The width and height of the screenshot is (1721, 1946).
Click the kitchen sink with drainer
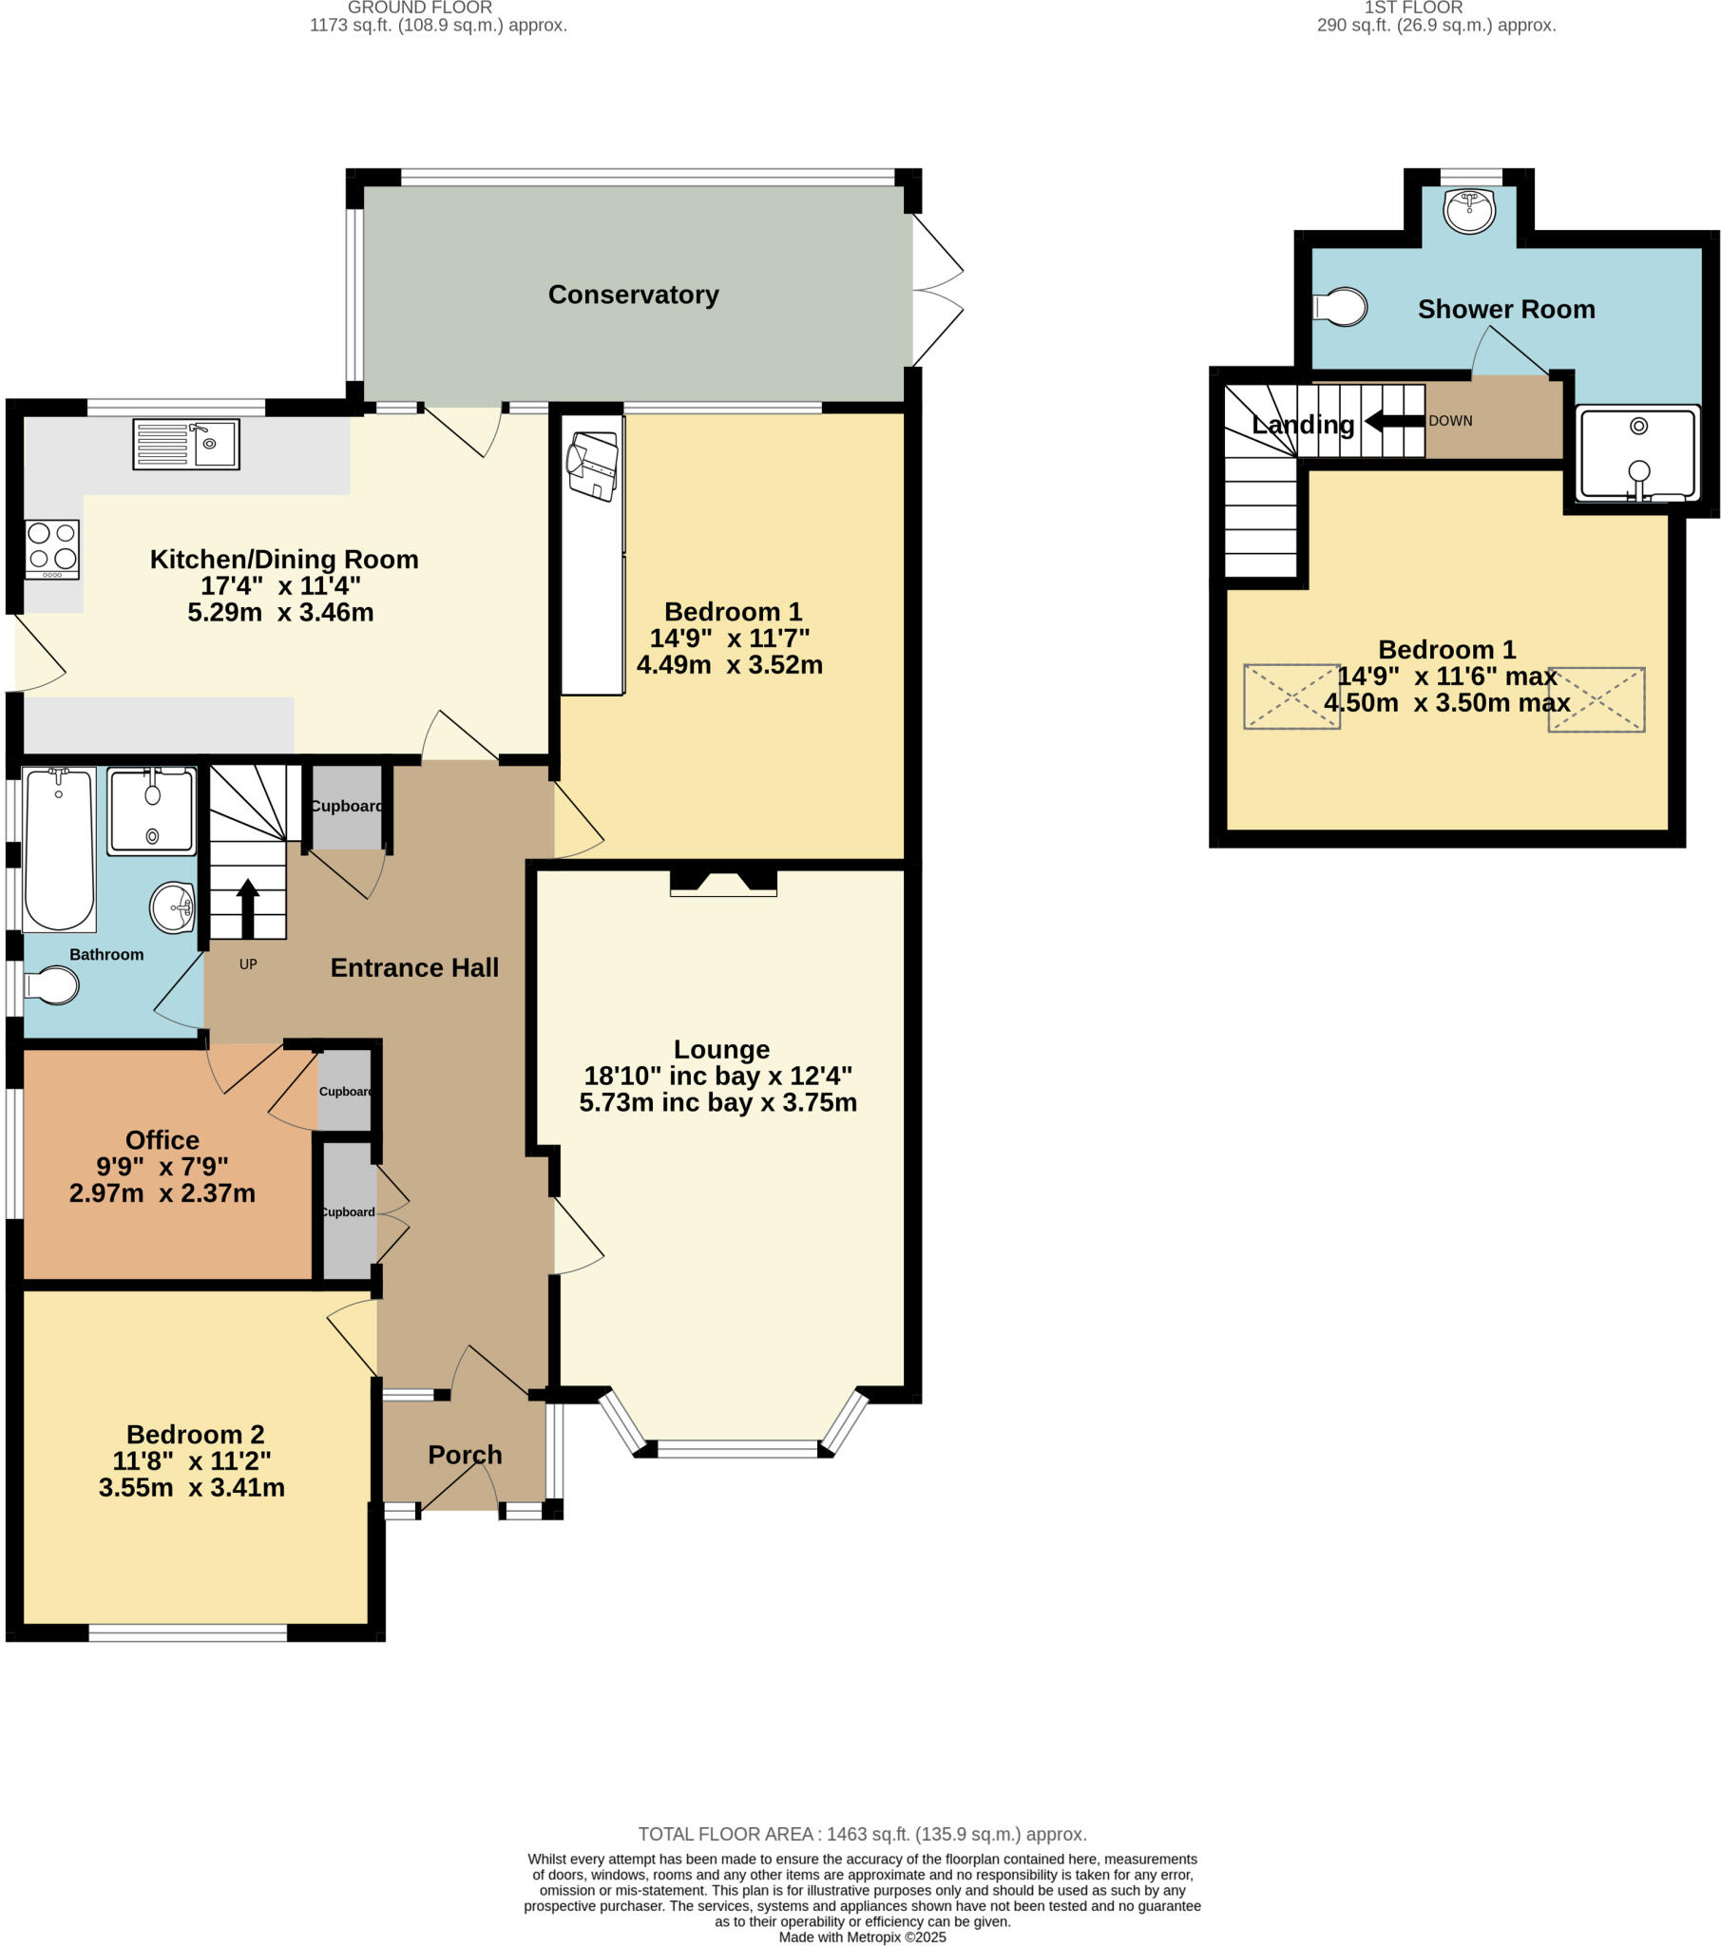click(185, 444)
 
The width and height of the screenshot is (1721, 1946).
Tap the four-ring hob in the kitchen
click(52, 548)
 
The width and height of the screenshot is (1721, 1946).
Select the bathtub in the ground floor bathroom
click(59, 849)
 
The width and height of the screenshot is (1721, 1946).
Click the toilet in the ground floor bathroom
click(52, 985)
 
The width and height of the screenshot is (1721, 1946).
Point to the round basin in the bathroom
click(172, 907)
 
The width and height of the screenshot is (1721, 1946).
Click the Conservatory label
click(633, 296)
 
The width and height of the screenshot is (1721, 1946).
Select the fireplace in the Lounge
click(723, 882)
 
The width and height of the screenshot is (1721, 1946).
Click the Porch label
click(465, 1455)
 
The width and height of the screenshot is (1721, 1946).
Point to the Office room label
click(162, 1139)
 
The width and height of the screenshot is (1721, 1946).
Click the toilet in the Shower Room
click(1341, 307)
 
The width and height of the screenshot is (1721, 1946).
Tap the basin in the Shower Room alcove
click(1468, 210)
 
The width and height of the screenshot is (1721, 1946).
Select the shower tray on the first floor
click(1637, 454)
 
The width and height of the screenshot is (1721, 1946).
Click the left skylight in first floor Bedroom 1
click(1291, 696)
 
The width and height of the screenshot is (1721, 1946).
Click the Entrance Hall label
click(414, 967)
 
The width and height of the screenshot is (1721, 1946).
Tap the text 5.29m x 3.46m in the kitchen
click(280, 612)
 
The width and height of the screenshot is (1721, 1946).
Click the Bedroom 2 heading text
click(195, 1434)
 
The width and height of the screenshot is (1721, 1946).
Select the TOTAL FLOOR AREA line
click(862, 1834)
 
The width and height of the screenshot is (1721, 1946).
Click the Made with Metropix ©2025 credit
click(862, 1936)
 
